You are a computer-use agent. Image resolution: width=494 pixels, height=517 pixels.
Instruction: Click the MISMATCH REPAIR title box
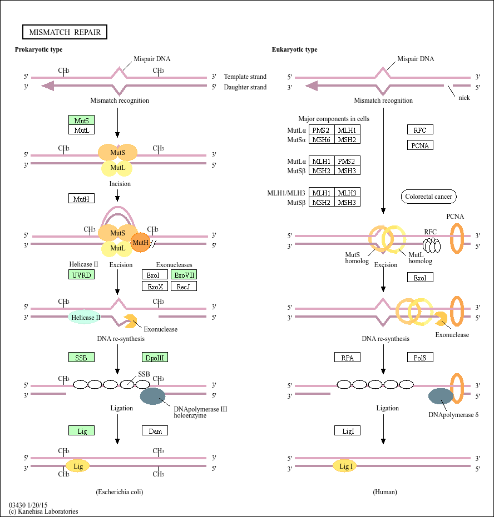tap(65, 32)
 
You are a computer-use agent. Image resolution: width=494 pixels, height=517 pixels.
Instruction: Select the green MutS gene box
tap(81, 120)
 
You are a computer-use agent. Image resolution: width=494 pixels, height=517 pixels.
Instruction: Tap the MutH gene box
tap(81, 198)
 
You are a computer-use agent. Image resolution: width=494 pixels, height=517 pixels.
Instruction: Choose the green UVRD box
tap(81, 275)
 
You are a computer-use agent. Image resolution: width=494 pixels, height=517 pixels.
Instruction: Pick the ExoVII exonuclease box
tap(184, 275)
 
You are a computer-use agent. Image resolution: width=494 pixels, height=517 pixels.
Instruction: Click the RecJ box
tap(184, 287)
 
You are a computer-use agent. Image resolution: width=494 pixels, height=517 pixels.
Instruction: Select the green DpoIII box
tap(155, 358)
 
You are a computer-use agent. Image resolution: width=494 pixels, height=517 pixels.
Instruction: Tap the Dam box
tap(155, 430)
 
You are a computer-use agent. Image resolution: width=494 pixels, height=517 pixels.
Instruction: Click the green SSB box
tap(81, 358)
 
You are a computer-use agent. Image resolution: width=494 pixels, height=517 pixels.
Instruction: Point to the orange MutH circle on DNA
tap(141, 242)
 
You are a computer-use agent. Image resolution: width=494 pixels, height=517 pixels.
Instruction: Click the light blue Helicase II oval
tap(85, 318)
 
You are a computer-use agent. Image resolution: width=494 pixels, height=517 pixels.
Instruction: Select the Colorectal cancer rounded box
tap(428, 197)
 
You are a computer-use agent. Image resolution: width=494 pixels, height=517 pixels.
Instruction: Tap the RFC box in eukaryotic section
tap(420, 130)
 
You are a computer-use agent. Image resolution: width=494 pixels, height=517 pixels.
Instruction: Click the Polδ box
tap(420, 358)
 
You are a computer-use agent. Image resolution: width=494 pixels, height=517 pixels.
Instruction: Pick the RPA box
tap(347, 358)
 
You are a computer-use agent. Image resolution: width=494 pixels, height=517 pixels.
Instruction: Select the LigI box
tap(347, 430)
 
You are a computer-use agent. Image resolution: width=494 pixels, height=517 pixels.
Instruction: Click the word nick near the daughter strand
tap(464, 98)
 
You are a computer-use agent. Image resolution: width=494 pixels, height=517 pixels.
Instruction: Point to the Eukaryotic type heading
tap(294, 50)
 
